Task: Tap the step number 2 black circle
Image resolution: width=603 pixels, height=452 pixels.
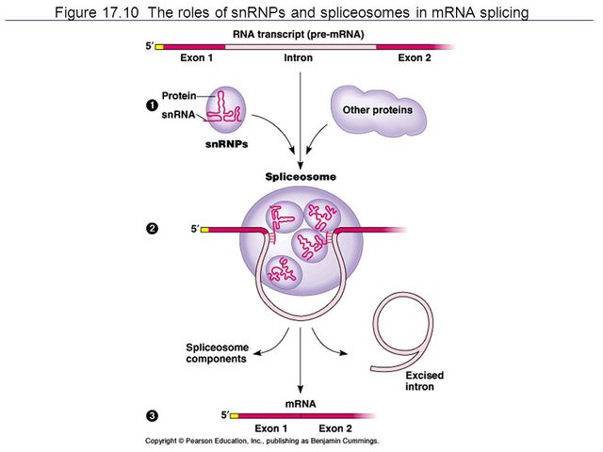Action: click(x=152, y=229)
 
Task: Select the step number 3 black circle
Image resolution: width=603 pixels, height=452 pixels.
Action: click(x=152, y=415)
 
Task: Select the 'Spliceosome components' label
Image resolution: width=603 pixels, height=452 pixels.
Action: click(x=217, y=353)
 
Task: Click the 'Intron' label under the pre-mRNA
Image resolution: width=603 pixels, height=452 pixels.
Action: click(x=298, y=58)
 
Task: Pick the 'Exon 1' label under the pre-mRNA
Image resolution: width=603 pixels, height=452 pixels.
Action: click(x=196, y=58)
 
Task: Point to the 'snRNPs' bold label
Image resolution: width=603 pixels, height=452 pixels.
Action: click(x=226, y=146)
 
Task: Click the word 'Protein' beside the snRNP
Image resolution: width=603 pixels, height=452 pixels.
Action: click(x=178, y=95)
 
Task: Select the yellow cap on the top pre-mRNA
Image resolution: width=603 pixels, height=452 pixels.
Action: click(x=159, y=46)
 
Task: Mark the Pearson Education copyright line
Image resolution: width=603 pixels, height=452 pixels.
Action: click(x=261, y=441)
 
